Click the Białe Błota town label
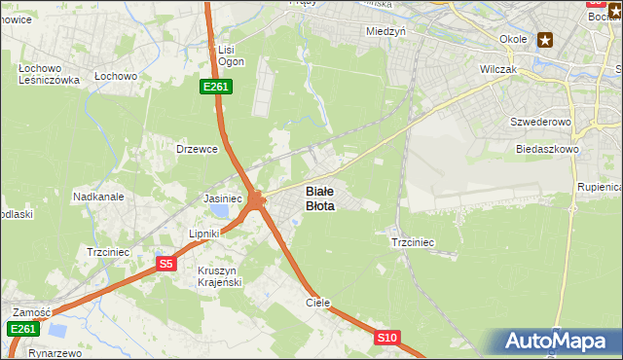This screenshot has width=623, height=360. (x=320, y=198)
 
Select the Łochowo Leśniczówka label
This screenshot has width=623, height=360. (x=48, y=74)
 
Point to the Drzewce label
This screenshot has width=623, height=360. (x=196, y=149)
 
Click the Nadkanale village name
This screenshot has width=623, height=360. (x=98, y=197)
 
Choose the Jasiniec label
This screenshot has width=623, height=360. (x=222, y=198)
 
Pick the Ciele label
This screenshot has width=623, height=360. (x=318, y=303)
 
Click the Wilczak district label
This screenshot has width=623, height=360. (x=497, y=70)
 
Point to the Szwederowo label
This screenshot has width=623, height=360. (x=539, y=123)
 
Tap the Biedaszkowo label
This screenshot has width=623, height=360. (x=548, y=150)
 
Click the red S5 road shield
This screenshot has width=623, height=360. (x=165, y=264)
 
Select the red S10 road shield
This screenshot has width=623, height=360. (x=387, y=338)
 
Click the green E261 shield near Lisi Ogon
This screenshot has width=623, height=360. (x=215, y=88)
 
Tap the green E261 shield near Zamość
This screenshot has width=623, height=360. (x=23, y=329)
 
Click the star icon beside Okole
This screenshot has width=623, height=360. (x=545, y=40)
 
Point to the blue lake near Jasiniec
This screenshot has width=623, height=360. (x=223, y=211)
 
